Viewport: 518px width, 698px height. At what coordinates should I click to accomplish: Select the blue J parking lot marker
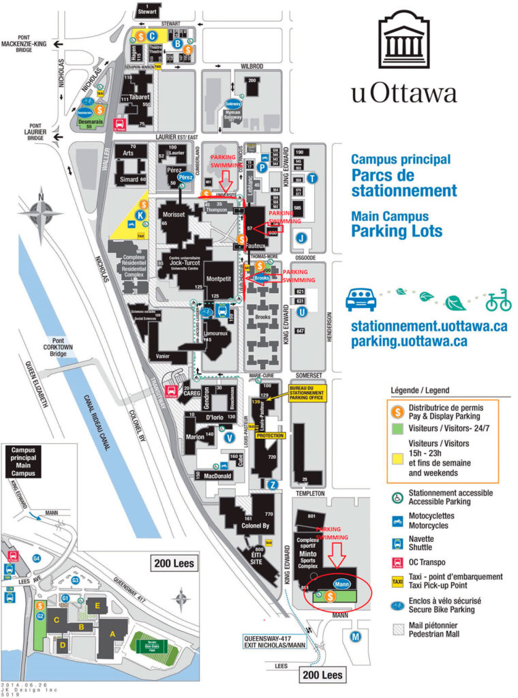[302, 238]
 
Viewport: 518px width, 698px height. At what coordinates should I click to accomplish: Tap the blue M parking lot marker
[354, 637]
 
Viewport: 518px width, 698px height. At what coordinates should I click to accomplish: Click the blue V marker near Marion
[230, 437]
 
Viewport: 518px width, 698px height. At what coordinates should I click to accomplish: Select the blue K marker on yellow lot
[140, 215]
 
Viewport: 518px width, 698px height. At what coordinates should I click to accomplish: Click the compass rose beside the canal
[41, 215]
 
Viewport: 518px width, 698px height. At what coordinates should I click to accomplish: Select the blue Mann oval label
[342, 584]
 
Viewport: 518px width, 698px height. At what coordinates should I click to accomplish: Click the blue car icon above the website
[361, 299]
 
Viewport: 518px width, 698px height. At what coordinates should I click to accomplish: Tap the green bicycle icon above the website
[498, 299]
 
